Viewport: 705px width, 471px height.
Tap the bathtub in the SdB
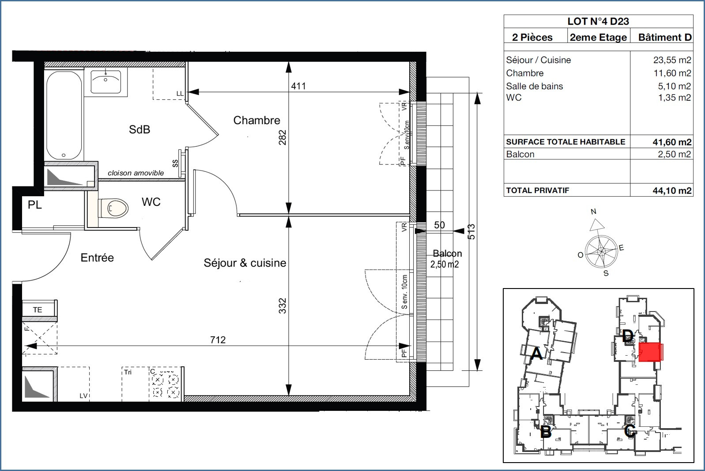point(64,115)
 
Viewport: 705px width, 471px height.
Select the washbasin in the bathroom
point(106,82)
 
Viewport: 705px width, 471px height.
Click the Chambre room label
point(256,120)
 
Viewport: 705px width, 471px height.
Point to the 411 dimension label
point(298,86)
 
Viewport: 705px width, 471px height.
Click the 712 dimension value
point(218,340)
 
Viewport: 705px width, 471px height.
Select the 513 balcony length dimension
point(471,232)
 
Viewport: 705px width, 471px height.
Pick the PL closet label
point(34,205)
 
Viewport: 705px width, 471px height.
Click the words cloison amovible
point(136,173)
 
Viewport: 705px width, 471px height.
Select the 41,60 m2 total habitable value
point(672,142)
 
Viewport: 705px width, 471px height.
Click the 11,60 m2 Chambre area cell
point(672,73)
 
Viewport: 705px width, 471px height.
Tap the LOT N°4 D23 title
point(598,21)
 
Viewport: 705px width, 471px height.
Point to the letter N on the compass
point(594,211)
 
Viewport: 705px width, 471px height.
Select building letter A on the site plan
point(536,353)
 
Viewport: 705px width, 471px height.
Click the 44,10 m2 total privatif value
point(672,190)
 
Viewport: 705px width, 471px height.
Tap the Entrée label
point(97,258)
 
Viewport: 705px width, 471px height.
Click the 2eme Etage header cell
point(598,38)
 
